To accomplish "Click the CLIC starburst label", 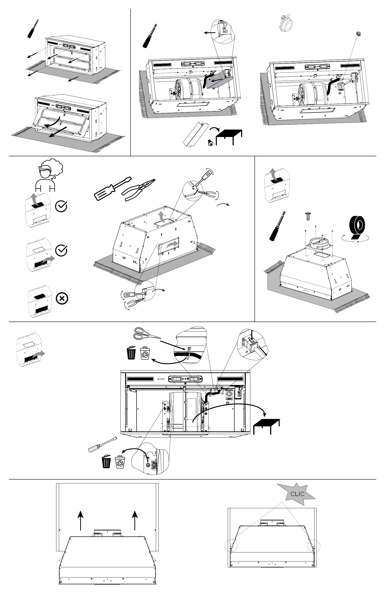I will click(x=297, y=494).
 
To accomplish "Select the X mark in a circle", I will click(x=62, y=298).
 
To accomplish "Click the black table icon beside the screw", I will click(x=229, y=136).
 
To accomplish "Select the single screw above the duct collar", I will click(x=308, y=216).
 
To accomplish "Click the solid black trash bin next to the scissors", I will click(x=131, y=353).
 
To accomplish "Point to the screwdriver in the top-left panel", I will click(x=33, y=29).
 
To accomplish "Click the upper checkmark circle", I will click(x=61, y=206).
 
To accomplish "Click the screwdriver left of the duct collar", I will click(x=278, y=226).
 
